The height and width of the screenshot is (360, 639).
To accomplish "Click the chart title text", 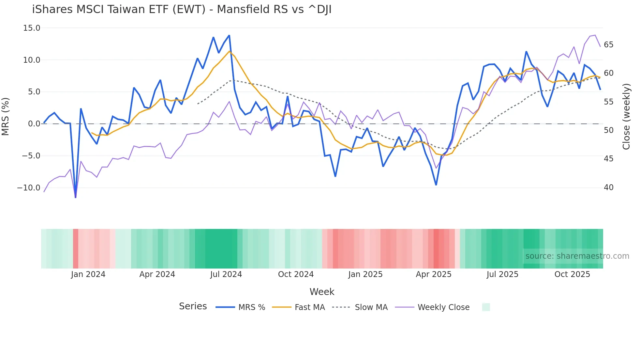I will (x=182, y=9).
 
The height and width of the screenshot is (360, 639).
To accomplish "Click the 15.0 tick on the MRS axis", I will (x=32, y=28).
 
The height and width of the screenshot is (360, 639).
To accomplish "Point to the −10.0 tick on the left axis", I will (x=29, y=188).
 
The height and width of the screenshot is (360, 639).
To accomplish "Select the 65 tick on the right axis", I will (x=608, y=45).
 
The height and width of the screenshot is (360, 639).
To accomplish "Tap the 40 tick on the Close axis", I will (x=608, y=188).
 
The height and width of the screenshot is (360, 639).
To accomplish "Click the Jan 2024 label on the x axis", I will (x=88, y=274).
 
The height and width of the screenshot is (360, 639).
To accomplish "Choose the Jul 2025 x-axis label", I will (x=502, y=274).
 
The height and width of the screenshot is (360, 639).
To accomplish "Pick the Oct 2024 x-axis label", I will (x=296, y=274).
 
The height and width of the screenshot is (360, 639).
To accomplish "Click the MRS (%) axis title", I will (x=5, y=117).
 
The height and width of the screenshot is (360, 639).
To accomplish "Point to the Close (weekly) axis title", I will (x=626, y=117).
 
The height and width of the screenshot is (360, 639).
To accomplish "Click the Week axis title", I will (x=322, y=292).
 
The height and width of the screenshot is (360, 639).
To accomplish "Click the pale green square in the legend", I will (x=486, y=307).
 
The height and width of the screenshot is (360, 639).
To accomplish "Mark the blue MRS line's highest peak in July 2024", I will (x=229, y=35).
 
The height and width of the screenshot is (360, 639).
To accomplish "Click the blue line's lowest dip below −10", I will (x=76, y=197).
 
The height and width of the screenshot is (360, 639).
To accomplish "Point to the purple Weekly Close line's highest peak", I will (x=595, y=35).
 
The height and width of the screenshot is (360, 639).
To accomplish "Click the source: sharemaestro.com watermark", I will (x=577, y=256).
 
